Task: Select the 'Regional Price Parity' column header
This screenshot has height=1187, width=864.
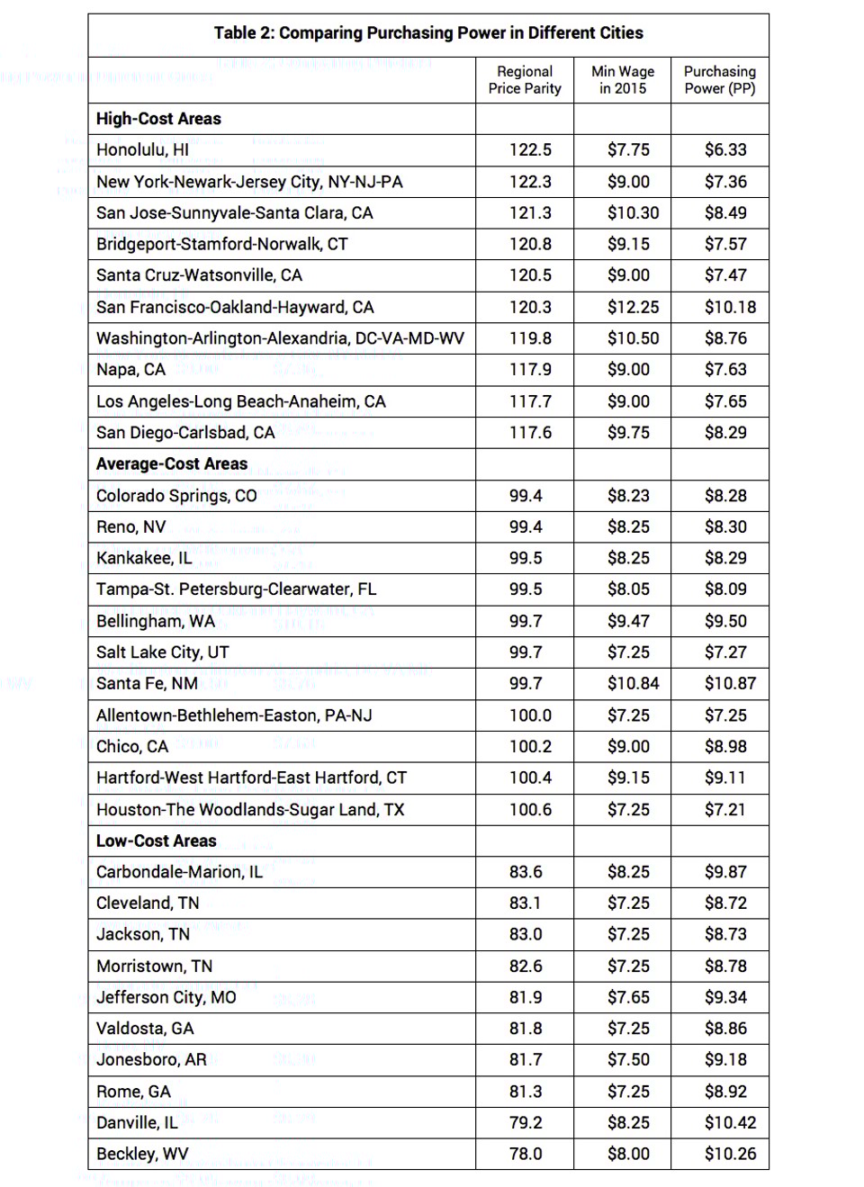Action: [x=525, y=80]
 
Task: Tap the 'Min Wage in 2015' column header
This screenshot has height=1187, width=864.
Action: [x=623, y=80]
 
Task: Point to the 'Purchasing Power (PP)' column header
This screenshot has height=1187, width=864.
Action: [x=720, y=80]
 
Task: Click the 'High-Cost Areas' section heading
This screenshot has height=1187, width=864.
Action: [x=158, y=119]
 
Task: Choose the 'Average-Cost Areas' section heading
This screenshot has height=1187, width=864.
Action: [x=172, y=464]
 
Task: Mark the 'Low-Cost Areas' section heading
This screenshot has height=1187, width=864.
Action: [x=157, y=841]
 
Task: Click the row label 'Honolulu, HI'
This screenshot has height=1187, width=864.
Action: [x=142, y=150]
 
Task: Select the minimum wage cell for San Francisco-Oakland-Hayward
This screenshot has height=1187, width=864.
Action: [x=633, y=308]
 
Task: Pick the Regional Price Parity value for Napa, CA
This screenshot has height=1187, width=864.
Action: [x=530, y=370]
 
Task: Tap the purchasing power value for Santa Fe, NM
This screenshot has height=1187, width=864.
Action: [x=730, y=684]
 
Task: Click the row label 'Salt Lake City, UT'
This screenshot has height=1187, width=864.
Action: [x=163, y=652]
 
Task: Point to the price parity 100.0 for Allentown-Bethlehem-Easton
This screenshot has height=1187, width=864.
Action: [x=530, y=715]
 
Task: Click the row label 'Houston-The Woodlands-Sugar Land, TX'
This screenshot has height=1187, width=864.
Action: [x=250, y=810]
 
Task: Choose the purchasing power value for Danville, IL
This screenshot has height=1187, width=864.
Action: [x=730, y=1123]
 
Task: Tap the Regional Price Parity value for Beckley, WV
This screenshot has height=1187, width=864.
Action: [x=526, y=1155]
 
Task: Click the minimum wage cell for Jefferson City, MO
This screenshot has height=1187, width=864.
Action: [x=628, y=998]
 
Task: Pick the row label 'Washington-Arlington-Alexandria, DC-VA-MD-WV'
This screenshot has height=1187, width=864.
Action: [x=280, y=339]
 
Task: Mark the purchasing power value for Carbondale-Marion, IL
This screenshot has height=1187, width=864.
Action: [x=725, y=872]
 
